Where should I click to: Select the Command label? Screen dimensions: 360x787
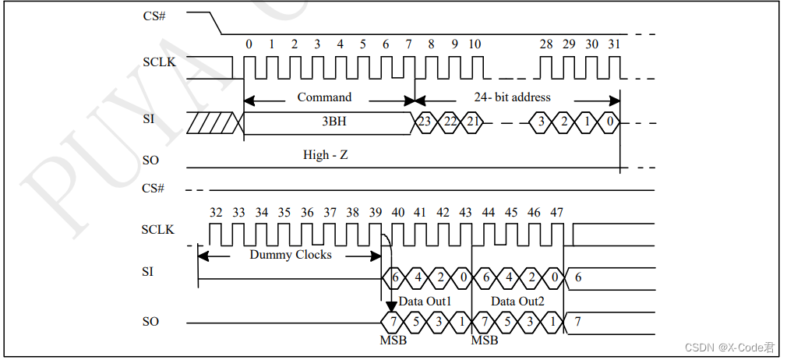pos(324,97)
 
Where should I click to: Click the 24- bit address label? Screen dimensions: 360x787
pos(512,97)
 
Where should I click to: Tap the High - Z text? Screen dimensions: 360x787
pos(325,155)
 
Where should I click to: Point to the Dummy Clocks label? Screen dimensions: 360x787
pos(291,255)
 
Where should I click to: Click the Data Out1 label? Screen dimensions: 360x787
pos(425,301)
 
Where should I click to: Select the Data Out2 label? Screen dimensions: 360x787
pos(517,301)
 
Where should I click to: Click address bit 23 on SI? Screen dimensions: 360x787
pos(425,122)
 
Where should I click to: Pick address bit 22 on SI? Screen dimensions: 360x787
pos(450,122)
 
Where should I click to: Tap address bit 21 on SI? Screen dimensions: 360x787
pos(473,122)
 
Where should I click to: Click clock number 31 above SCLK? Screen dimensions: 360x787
pos(614,44)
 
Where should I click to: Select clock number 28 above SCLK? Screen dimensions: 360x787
pos(546,44)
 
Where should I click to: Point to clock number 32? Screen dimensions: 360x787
pos(216,212)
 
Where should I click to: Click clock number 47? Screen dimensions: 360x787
pos(556,212)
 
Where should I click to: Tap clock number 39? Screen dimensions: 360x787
pos(376,212)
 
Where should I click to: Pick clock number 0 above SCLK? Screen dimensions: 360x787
pos(249,44)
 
